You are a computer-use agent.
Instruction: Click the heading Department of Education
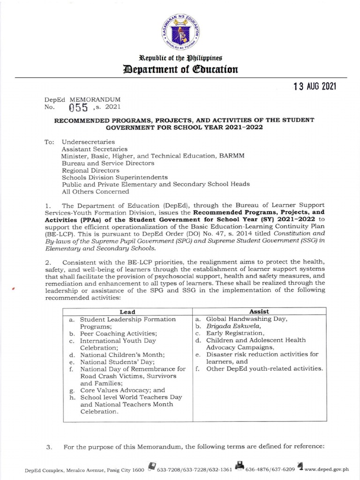[x=180, y=70]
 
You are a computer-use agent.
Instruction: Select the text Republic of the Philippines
[x=180, y=58]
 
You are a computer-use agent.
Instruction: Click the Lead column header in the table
[x=127, y=311]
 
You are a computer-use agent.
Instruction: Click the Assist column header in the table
[x=259, y=311]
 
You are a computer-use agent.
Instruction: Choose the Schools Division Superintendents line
[x=115, y=177]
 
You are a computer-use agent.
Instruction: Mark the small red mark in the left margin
[x=15, y=289]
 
